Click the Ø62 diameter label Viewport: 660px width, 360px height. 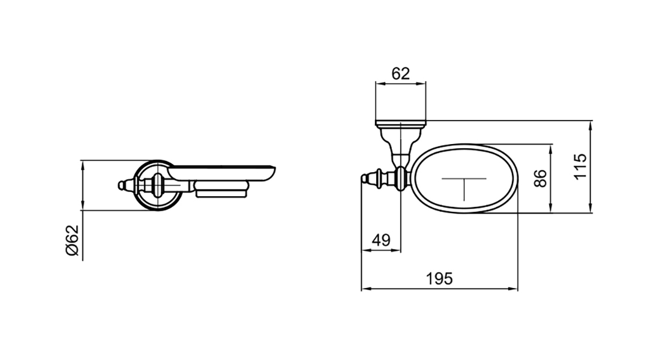[x=73, y=241]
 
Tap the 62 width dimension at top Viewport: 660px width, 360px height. [x=400, y=74]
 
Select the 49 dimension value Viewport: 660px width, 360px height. [x=381, y=241]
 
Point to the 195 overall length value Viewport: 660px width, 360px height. [x=439, y=279]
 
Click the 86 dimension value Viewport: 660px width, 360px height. [x=540, y=178]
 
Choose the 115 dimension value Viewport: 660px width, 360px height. [x=580, y=167]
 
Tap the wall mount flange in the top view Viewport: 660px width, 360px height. [x=400, y=124]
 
